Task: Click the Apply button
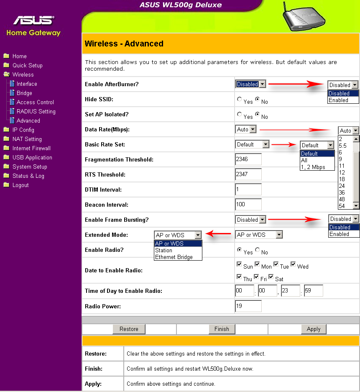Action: pyautogui.click(x=313, y=329)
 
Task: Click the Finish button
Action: pyautogui.click(x=222, y=329)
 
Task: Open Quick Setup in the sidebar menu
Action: pyautogui.click(x=27, y=65)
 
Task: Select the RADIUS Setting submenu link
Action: pyautogui.click(x=36, y=111)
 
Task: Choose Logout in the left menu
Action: pyautogui.click(x=20, y=185)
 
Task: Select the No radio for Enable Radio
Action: pyautogui.click(x=258, y=250)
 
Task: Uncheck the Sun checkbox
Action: pyautogui.click(x=239, y=264)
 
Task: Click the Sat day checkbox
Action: pyautogui.click(x=271, y=277)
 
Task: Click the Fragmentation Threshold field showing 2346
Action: pyautogui.click(x=248, y=159)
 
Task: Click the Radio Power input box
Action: pyautogui.click(x=248, y=306)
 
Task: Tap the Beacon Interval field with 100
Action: pyautogui.click(x=248, y=205)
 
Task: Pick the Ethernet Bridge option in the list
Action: pyautogui.click(x=174, y=257)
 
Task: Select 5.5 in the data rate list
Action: pyautogui.click(x=343, y=146)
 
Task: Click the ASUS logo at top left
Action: pyautogui.click(x=33, y=20)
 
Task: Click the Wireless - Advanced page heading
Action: pyautogui.click(x=124, y=44)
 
